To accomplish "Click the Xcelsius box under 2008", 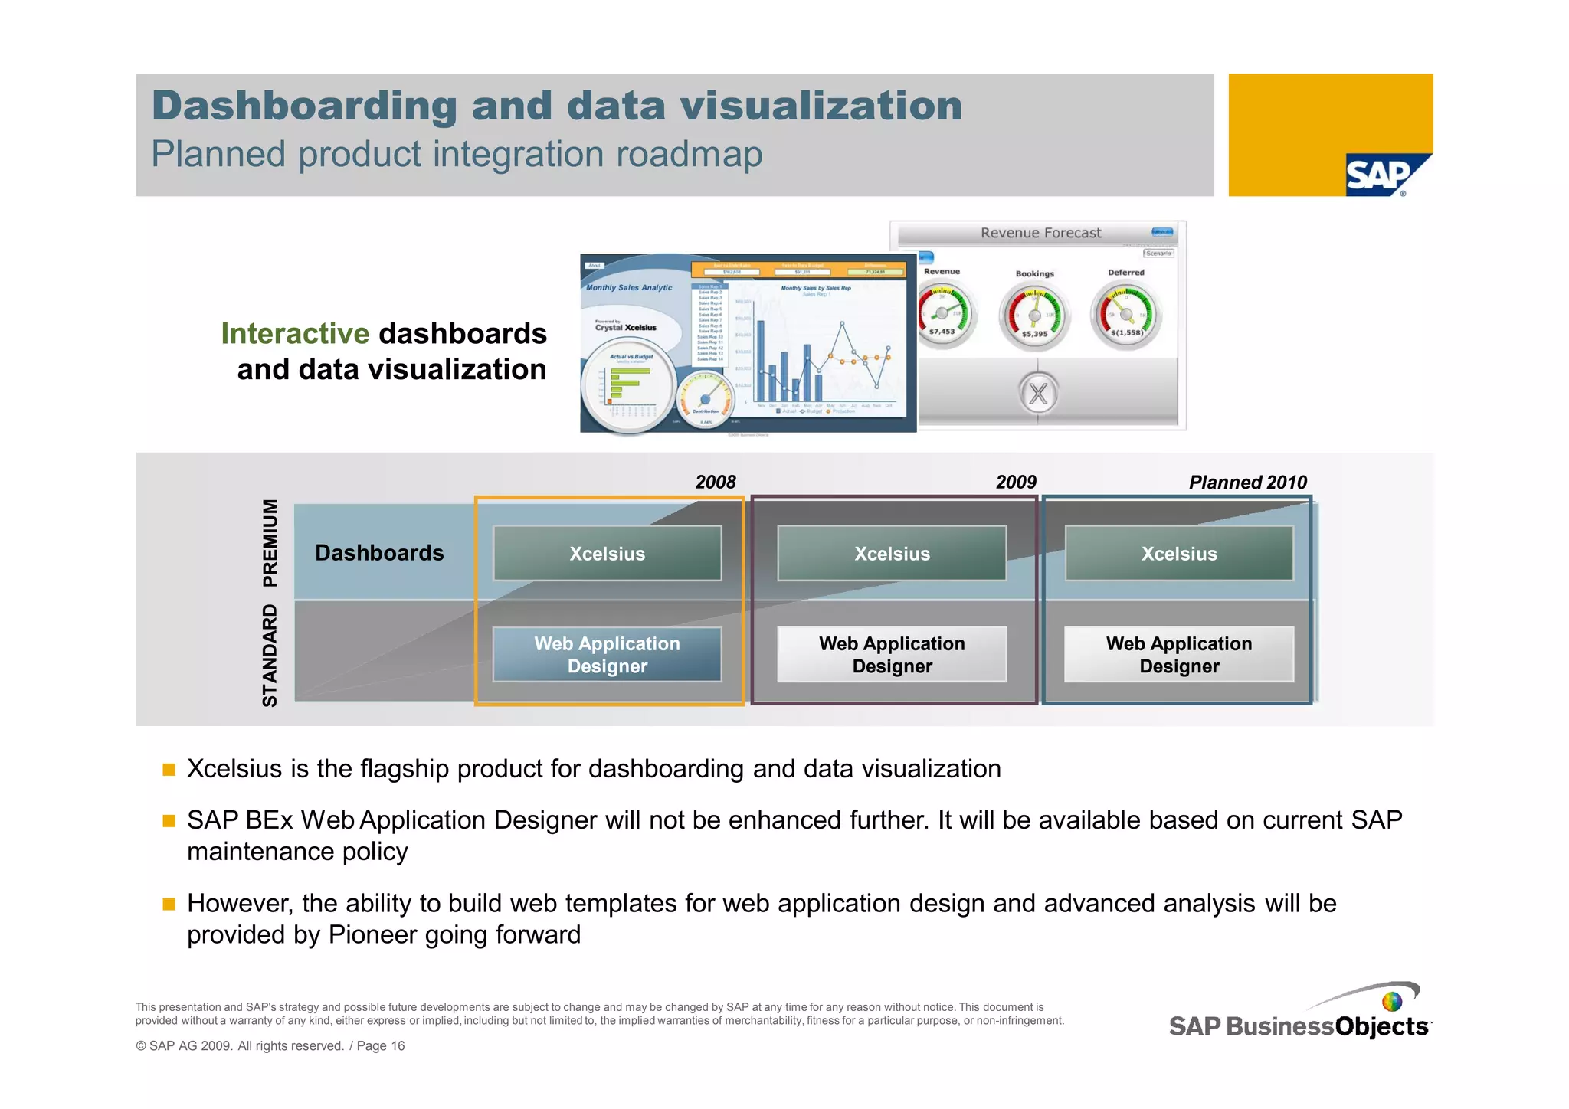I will [x=607, y=553].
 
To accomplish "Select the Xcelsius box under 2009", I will [x=892, y=553].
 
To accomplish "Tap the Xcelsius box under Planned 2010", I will [x=1178, y=553].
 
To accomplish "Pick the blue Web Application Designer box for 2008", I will [x=607, y=654].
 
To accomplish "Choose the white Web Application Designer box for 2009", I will [x=892, y=654].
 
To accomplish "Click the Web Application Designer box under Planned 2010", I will [x=1178, y=654].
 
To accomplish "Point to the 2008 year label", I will [x=715, y=482].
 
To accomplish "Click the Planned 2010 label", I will [x=1247, y=482].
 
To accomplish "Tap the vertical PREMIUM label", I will [x=270, y=542].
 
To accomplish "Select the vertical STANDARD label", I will [x=270, y=655].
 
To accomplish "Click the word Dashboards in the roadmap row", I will [x=379, y=552].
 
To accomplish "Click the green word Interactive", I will [x=295, y=333].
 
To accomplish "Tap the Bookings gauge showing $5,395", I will [x=1034, y=315].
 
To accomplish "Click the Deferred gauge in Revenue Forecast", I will [x=1126, y=313].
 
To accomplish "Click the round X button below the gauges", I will [x=1038, y=393].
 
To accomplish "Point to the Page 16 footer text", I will [x=380, y=1045].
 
